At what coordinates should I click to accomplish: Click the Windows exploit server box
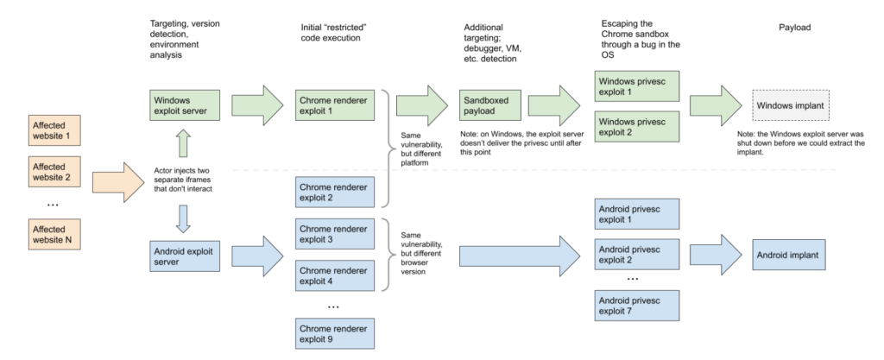185,105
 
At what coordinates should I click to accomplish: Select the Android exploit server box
185,256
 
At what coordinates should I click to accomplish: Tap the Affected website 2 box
54,172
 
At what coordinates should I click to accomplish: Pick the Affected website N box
54,234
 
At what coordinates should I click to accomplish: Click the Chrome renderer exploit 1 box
335,105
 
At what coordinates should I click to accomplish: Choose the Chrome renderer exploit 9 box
335,333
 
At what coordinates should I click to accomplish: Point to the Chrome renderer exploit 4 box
335,275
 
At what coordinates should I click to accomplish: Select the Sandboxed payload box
490,105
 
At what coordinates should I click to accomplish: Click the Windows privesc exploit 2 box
637,127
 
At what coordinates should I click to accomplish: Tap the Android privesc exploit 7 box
637,306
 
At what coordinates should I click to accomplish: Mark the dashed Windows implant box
791,105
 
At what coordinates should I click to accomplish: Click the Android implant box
789,255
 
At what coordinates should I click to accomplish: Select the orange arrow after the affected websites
118,182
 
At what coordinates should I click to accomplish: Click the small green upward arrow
183,143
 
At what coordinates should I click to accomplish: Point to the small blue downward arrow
183,219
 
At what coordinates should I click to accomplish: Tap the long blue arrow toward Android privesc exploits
520,256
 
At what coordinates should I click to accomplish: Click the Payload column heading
794,27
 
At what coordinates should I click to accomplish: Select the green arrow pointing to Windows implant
716,105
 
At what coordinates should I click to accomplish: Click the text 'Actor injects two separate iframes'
183,180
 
